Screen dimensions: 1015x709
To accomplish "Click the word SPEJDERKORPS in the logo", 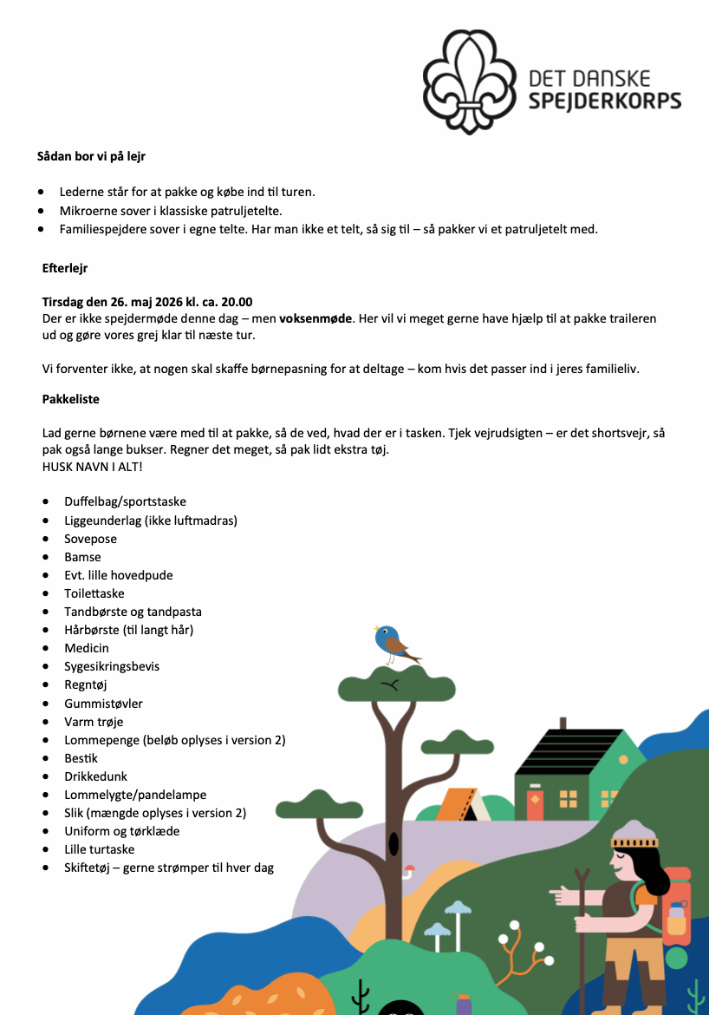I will tap(604, 101).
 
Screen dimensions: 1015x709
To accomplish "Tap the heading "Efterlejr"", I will tap(65, 269).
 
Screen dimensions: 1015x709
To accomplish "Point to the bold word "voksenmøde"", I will tap(316, 318).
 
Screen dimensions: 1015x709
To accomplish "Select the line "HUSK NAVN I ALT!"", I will tap(92, 467).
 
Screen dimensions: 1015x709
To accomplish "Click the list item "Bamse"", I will tap(82, 557).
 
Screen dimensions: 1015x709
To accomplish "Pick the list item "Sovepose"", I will tap(90, 539).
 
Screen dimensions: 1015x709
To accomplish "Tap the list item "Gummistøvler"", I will tap(103, 704).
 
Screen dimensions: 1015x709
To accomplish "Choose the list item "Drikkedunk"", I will tap(96, 776).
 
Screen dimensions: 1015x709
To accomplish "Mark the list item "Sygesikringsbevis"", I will tap(112, 666).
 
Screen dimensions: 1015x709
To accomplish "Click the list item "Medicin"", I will tap(87, 648).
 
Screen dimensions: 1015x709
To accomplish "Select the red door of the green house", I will tap(534, 804).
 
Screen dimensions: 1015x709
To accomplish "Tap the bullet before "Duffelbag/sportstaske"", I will tap(45, 502).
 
